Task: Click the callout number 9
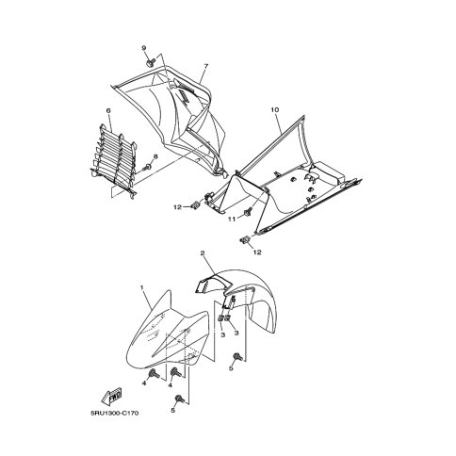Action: [144, 48]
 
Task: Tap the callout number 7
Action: [206, 66]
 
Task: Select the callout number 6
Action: [108, 110]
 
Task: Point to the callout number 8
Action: [155, 156]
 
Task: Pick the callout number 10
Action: [275, 110]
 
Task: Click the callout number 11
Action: [232, 220]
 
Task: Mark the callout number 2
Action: [203, 253]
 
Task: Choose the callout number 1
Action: [142, 287]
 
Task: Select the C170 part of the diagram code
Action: [130, 413]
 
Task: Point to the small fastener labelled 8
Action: [147, 168]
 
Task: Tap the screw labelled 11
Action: [248, 212]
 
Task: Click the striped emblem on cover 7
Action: [186, 93]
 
